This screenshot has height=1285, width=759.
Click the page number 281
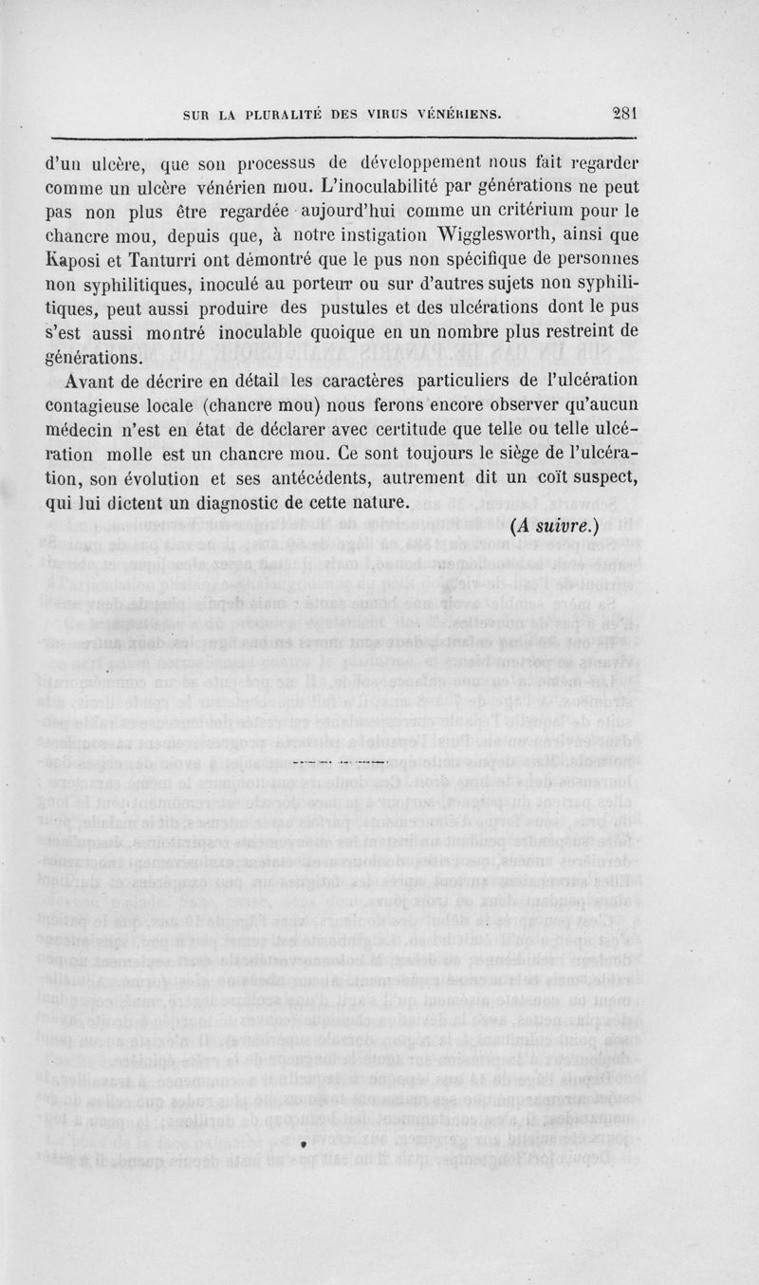click(x=627, y=110)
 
